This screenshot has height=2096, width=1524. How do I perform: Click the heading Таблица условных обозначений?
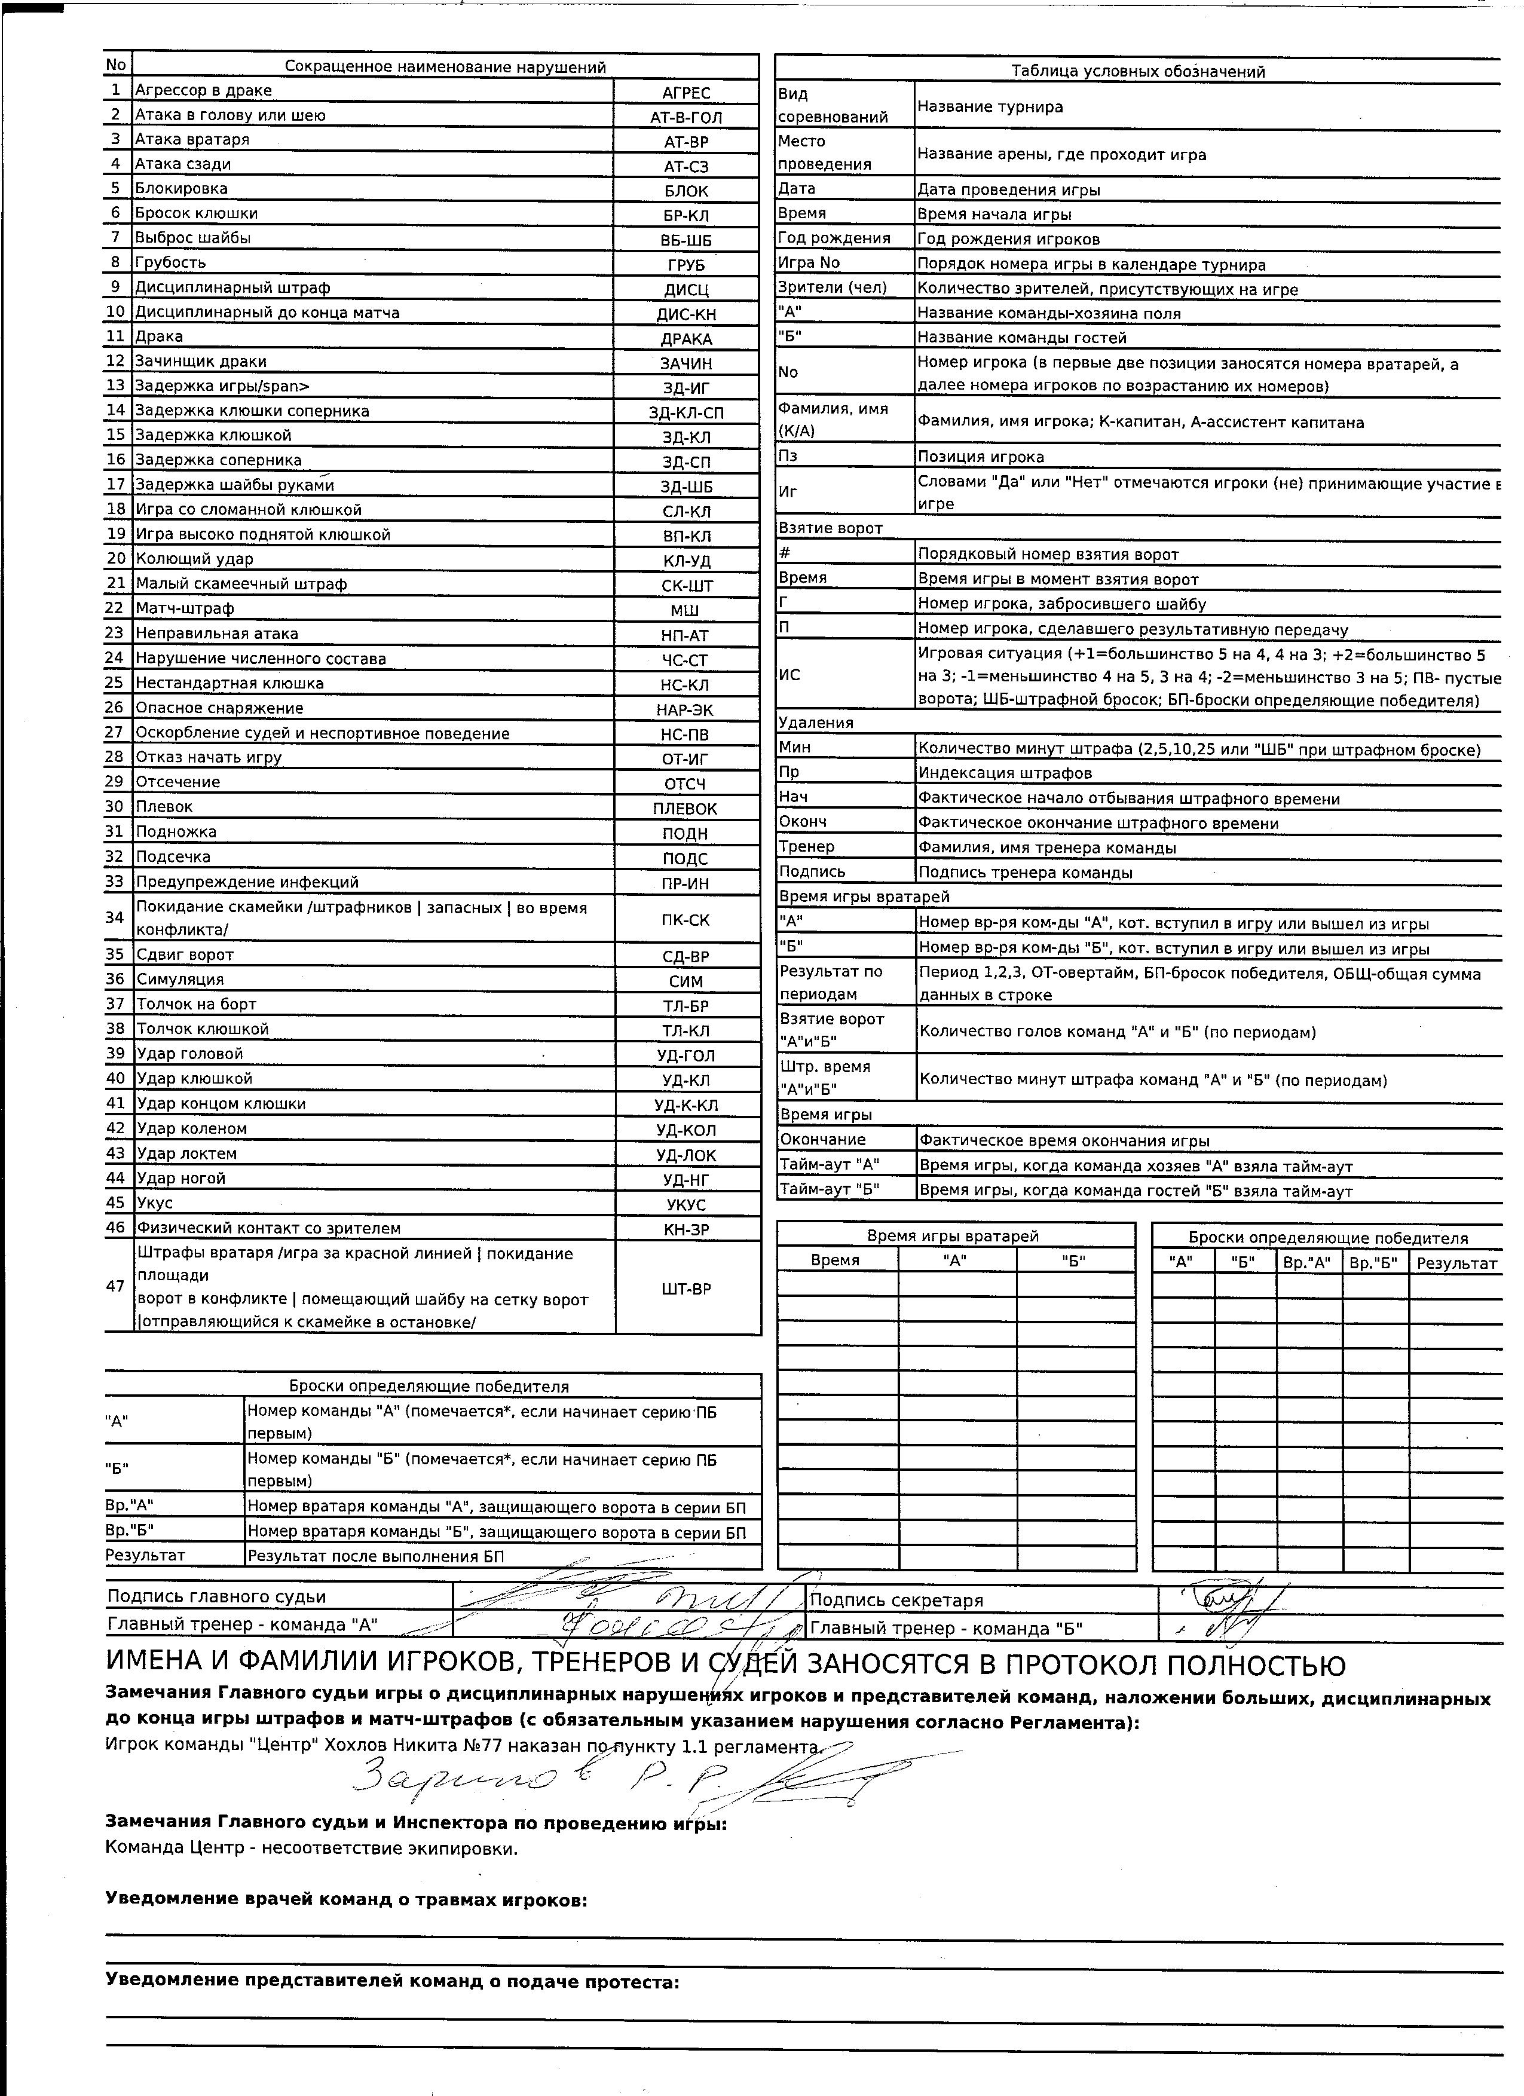click(x=1138, y=71)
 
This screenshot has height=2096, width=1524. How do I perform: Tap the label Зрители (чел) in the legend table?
click(x=832, y=287)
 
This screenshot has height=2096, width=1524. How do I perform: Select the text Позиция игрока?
click(x=981, y=457)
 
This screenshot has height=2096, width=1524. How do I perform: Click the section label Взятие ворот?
click(x=831, y=528)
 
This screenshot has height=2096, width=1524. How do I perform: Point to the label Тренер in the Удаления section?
click(x=807, y=846)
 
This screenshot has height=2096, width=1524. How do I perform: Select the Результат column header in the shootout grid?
click(x=1456, y=1263)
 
